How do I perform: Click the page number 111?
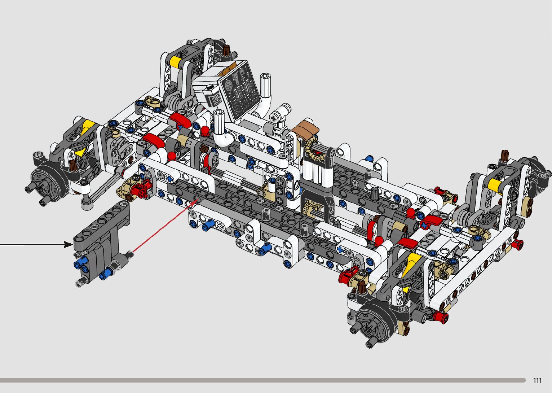pyautogui.click(x=537, y=380)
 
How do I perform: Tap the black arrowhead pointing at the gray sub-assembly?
pyautogui.click(x=69, y=244)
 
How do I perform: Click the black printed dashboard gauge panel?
pyautogui.click(x=240, y=91)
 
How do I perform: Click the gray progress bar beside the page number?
pyautogui.click(x=263, y=380)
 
